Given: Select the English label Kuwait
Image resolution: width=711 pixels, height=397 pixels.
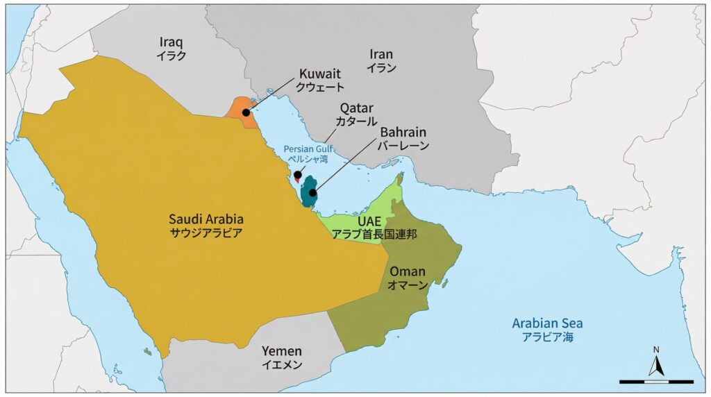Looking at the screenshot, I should [320, 74].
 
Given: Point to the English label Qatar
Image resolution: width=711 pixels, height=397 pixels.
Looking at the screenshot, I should [356, 108].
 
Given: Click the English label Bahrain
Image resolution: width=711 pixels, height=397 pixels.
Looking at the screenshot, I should [403, 132].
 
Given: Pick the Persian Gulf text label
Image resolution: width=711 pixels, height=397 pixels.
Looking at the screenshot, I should [308, 149].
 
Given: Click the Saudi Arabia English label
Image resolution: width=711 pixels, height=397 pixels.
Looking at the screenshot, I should [206, 219].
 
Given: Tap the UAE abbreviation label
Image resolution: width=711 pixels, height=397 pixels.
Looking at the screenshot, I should [369, 220].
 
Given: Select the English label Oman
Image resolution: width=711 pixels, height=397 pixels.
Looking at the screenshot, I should [408, 271].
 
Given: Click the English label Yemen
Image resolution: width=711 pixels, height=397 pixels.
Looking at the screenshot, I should [282, 350].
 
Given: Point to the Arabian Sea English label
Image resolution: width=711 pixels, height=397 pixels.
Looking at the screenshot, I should [547, 323].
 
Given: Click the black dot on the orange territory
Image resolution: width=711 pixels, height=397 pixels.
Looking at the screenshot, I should [246, 112].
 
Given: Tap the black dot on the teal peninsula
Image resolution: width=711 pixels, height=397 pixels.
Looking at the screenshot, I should [312, 192].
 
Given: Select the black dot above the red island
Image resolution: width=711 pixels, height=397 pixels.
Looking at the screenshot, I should [297, 175].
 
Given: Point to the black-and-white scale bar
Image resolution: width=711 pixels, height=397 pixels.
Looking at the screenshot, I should [656, 381].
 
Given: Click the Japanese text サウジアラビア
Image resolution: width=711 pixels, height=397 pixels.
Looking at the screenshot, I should [206, 233].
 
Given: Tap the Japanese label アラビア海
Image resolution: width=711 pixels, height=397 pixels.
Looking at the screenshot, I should [548, 337].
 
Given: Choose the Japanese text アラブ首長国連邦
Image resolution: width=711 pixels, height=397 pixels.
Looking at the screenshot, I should [374, 234].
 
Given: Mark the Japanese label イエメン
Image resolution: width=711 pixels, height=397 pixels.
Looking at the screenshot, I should [282, 364].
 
